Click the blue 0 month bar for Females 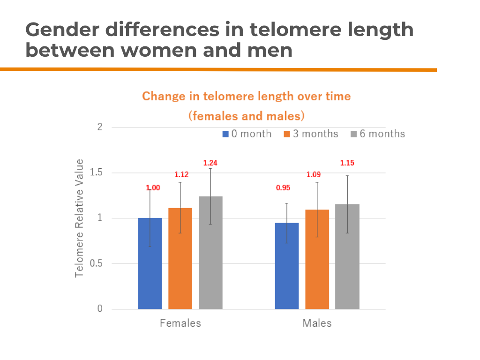coord(150,263)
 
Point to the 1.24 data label coord(210,163)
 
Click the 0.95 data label coord(283,188)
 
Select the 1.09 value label coord(314,175)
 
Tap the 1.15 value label coord(347,163)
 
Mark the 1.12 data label coord(181,175)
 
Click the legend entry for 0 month coord(247,134)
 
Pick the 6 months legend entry coord(378,134)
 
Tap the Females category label coord(180,323)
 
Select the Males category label coord(317,323)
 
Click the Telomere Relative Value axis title coord(80,218)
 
